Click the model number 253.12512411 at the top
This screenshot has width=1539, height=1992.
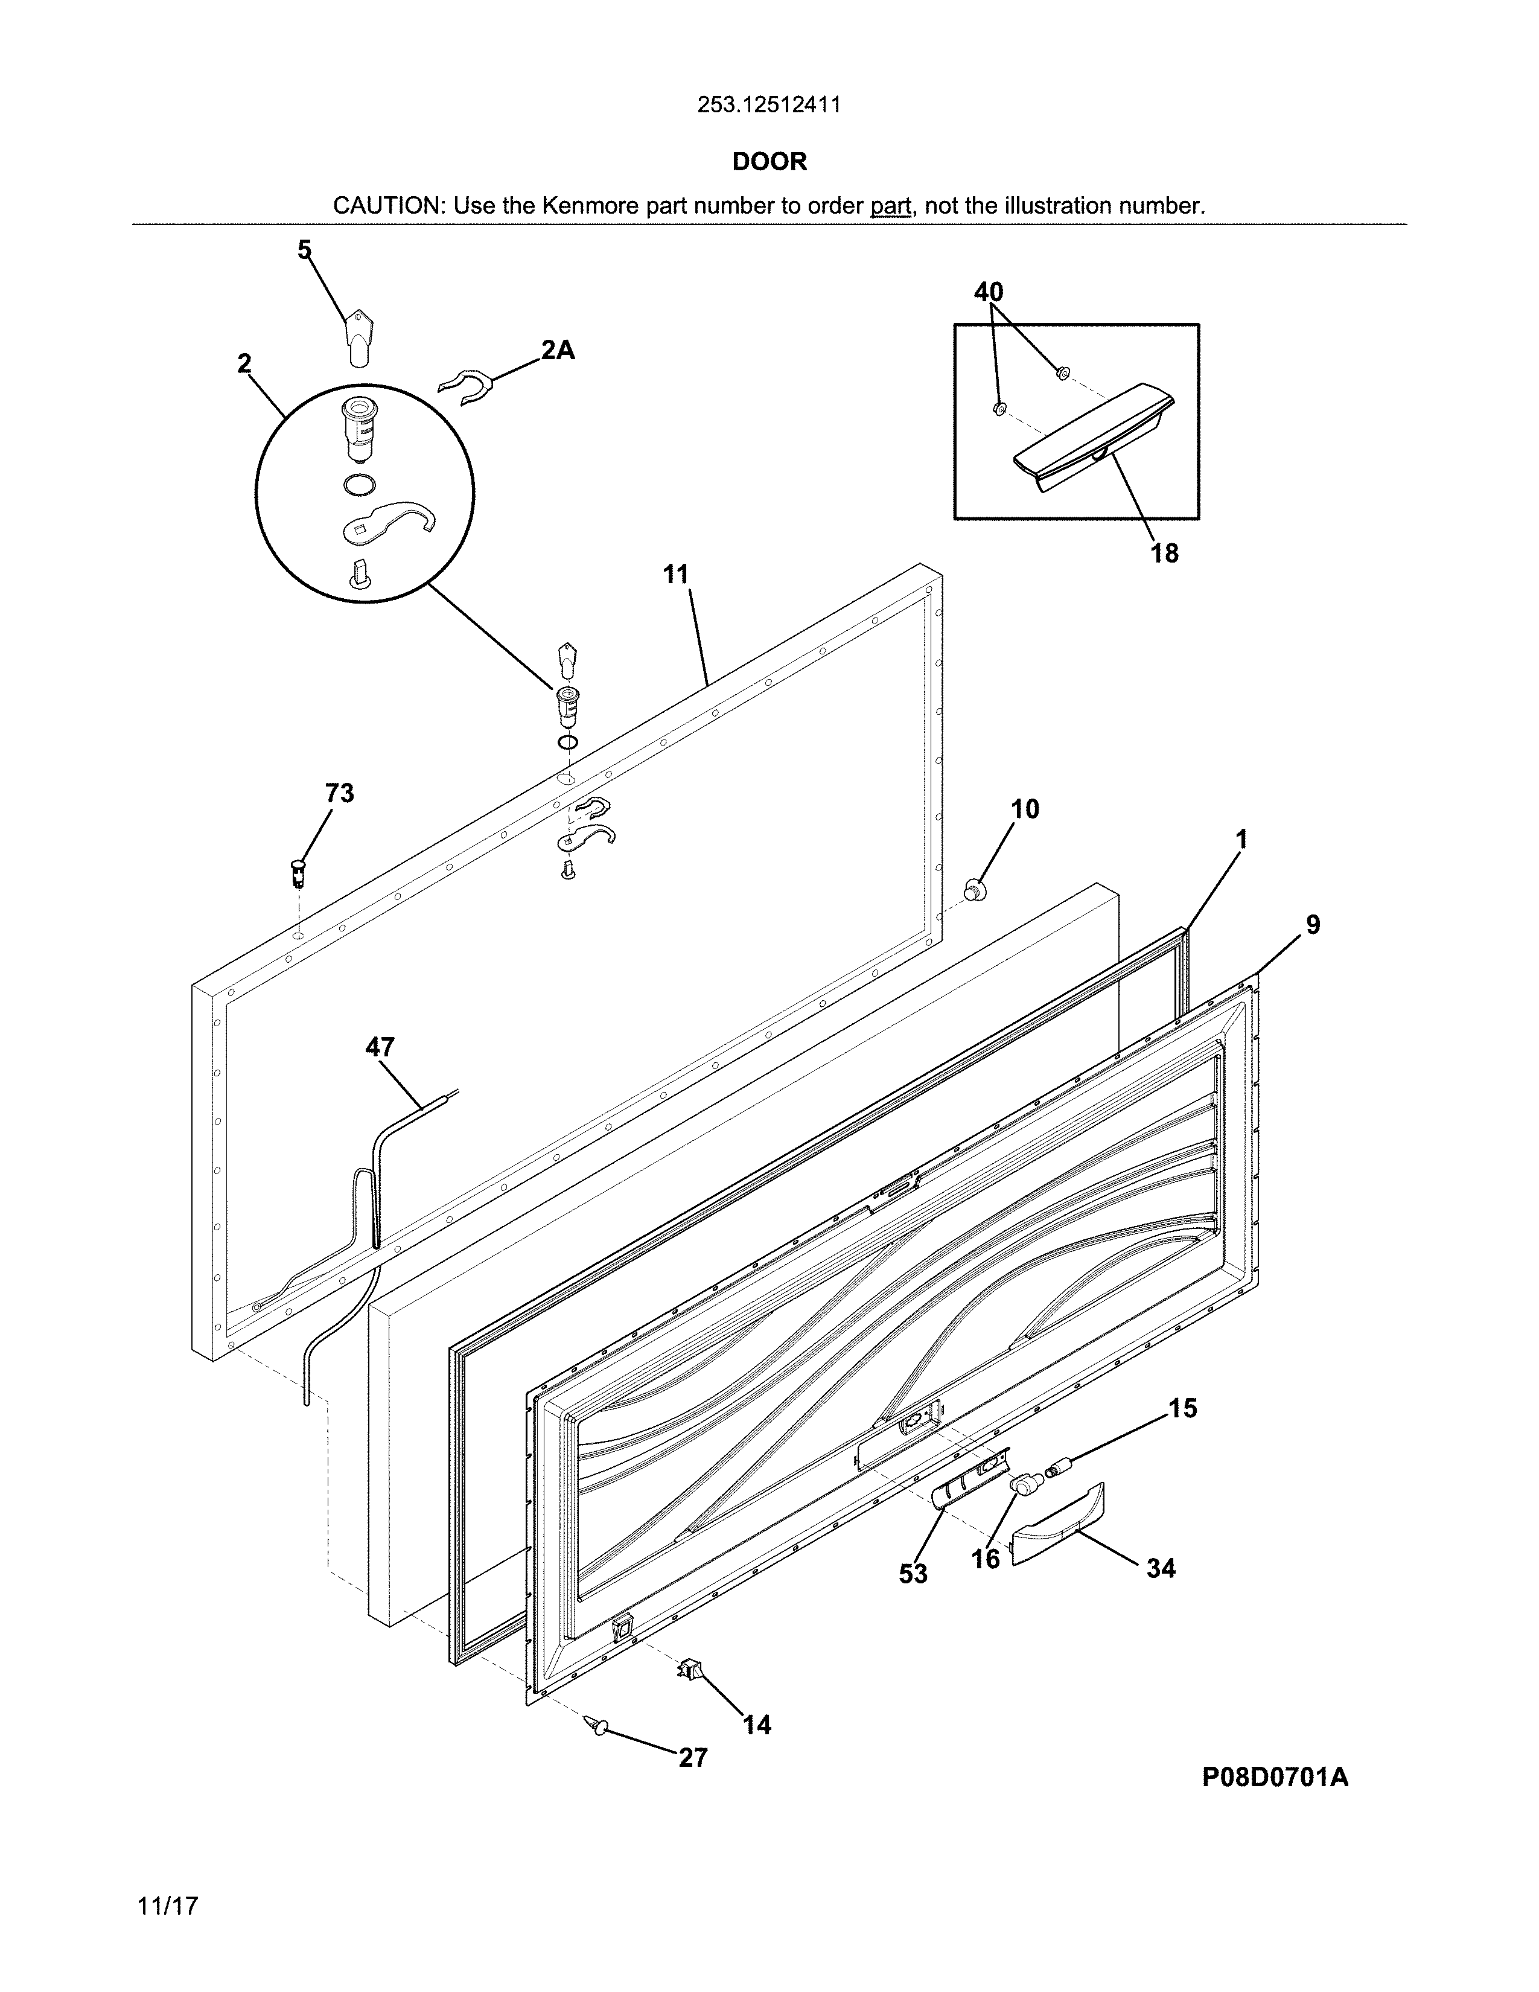768,105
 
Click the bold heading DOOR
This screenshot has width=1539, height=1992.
769,162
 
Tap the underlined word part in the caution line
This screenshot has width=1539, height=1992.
891,206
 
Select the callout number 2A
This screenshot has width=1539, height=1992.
557,350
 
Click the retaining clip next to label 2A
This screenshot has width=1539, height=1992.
465,386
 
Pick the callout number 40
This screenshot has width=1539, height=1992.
989,292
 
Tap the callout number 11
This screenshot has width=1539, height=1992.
675,575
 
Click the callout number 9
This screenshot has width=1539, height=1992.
1312,925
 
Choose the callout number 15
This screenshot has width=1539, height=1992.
1182,1408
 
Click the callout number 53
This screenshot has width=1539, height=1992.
913,1573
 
